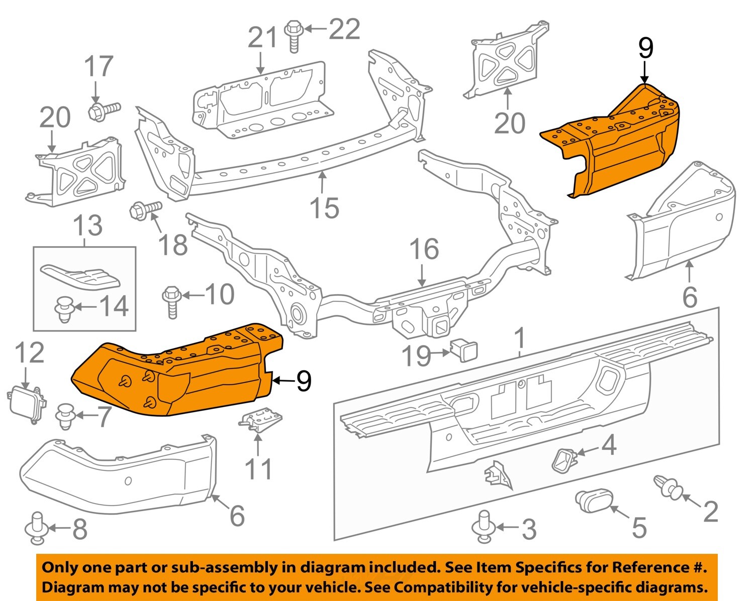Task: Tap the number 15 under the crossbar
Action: click(x=324, y=207)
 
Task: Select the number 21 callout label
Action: click(x=263, y=39)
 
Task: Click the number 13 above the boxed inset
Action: click(x=88, y=225)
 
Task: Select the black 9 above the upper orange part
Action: click(x=645, y=49)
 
